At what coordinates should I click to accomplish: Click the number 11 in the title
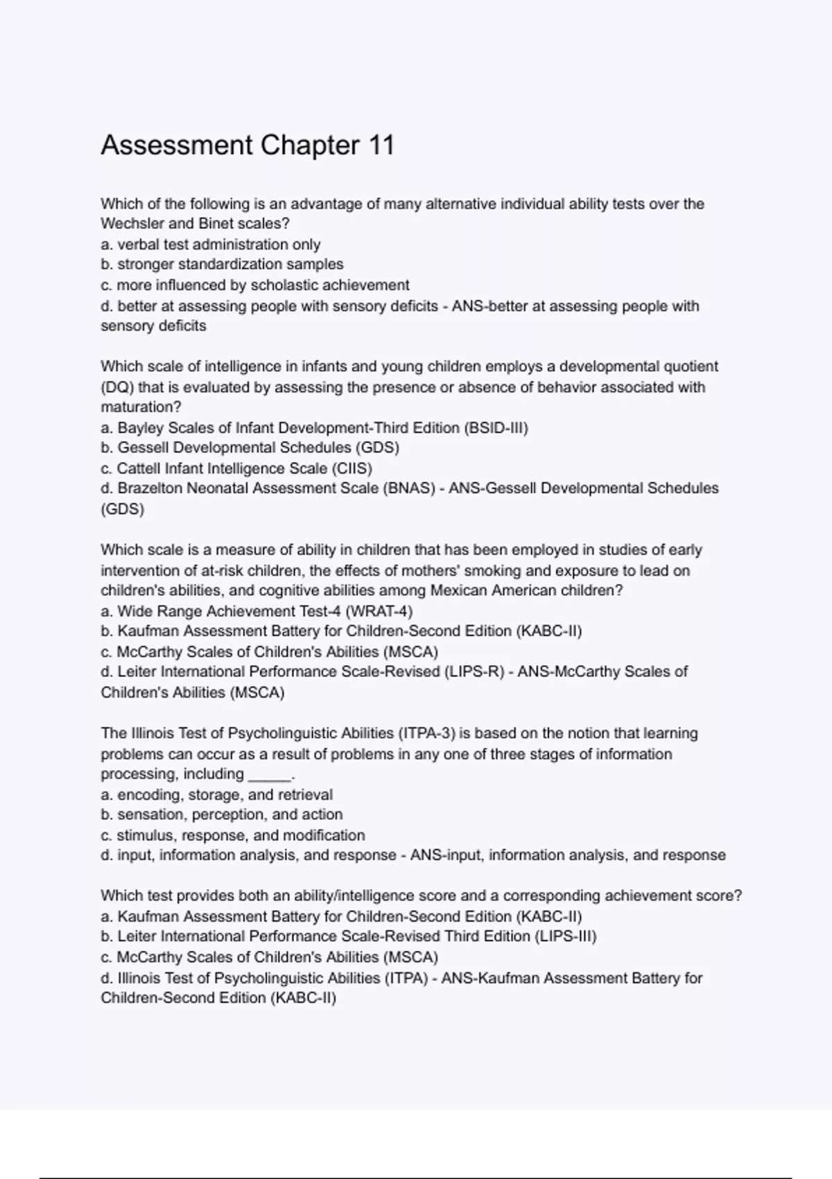click(x=381, y=146)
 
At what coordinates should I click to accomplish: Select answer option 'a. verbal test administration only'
click(x=210, y=245)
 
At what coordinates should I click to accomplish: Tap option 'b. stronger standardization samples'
click(x=222, y=265)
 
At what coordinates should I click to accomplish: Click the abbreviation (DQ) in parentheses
click(x=117, y=387)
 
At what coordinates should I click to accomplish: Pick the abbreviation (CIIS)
click(x=352, y=468)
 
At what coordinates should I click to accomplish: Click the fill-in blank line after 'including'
click(x=270, y=775)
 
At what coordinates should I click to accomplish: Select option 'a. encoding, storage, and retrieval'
click(x=216, y=795)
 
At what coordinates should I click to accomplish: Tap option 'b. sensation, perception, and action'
click(x=221, y=815)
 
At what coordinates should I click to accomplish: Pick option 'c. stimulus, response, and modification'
click(x=232, y=836)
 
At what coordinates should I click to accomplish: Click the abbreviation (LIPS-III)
click(x=566, y=936)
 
